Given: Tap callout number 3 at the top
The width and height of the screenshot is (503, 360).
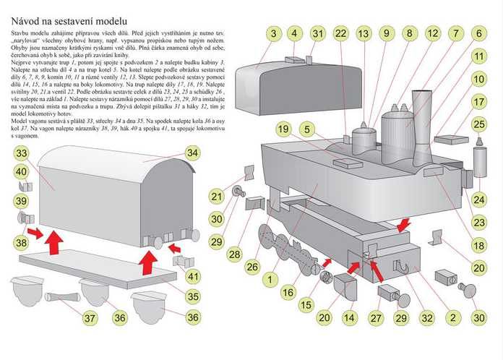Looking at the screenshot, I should pyautogui.click(x=272, y=33).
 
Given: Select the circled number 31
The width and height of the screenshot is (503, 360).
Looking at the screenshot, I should pyautogui.click(x=318, y=33).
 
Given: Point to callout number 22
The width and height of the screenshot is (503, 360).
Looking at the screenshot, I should pyautogui.click(x=341, y=33).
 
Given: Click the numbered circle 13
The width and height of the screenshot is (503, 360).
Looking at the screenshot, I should pyautogui.click(x=364, y=33).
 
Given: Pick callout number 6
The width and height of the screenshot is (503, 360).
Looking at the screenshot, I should pyautogui.click(x=478, y=33).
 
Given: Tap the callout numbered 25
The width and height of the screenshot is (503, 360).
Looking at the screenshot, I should pyautogui.click(x=478, y=125).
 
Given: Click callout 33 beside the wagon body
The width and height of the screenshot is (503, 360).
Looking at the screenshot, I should pyautogui.click(x=22, y=153).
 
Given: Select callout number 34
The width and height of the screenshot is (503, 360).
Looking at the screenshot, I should pyautogui.click(x=192, y=153).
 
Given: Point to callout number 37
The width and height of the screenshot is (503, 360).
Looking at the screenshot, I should pyautogui.click(x=89, y=317).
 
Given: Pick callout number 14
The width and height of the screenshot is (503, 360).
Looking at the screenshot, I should pyautogui.click(x=350, y=317).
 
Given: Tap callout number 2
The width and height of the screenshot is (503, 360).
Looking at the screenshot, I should pyautogui.click(x=453, y=317).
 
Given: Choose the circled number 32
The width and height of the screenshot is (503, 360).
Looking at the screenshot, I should pyautogui.click(x=429, y=317).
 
